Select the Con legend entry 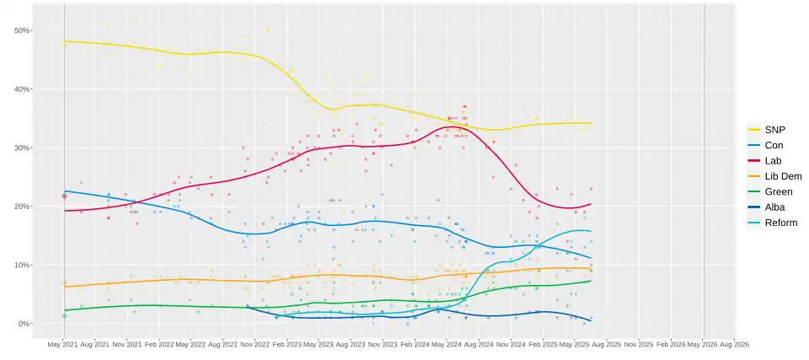pos(773,145)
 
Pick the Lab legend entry pos(773,160)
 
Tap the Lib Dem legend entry pos(781,176)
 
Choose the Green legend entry pos(777,191)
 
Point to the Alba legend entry pos(774,207)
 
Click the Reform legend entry pos(780,223)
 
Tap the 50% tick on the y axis pos(23,30)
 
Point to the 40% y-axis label pos(23,89)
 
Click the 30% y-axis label pos(23,148)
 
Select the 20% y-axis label pos(23,207)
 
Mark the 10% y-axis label pos(23,266)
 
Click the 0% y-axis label pos(24,324)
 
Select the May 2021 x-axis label pos(64,345)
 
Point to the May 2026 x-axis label pos(704,345)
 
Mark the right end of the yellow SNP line pos(592,123)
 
